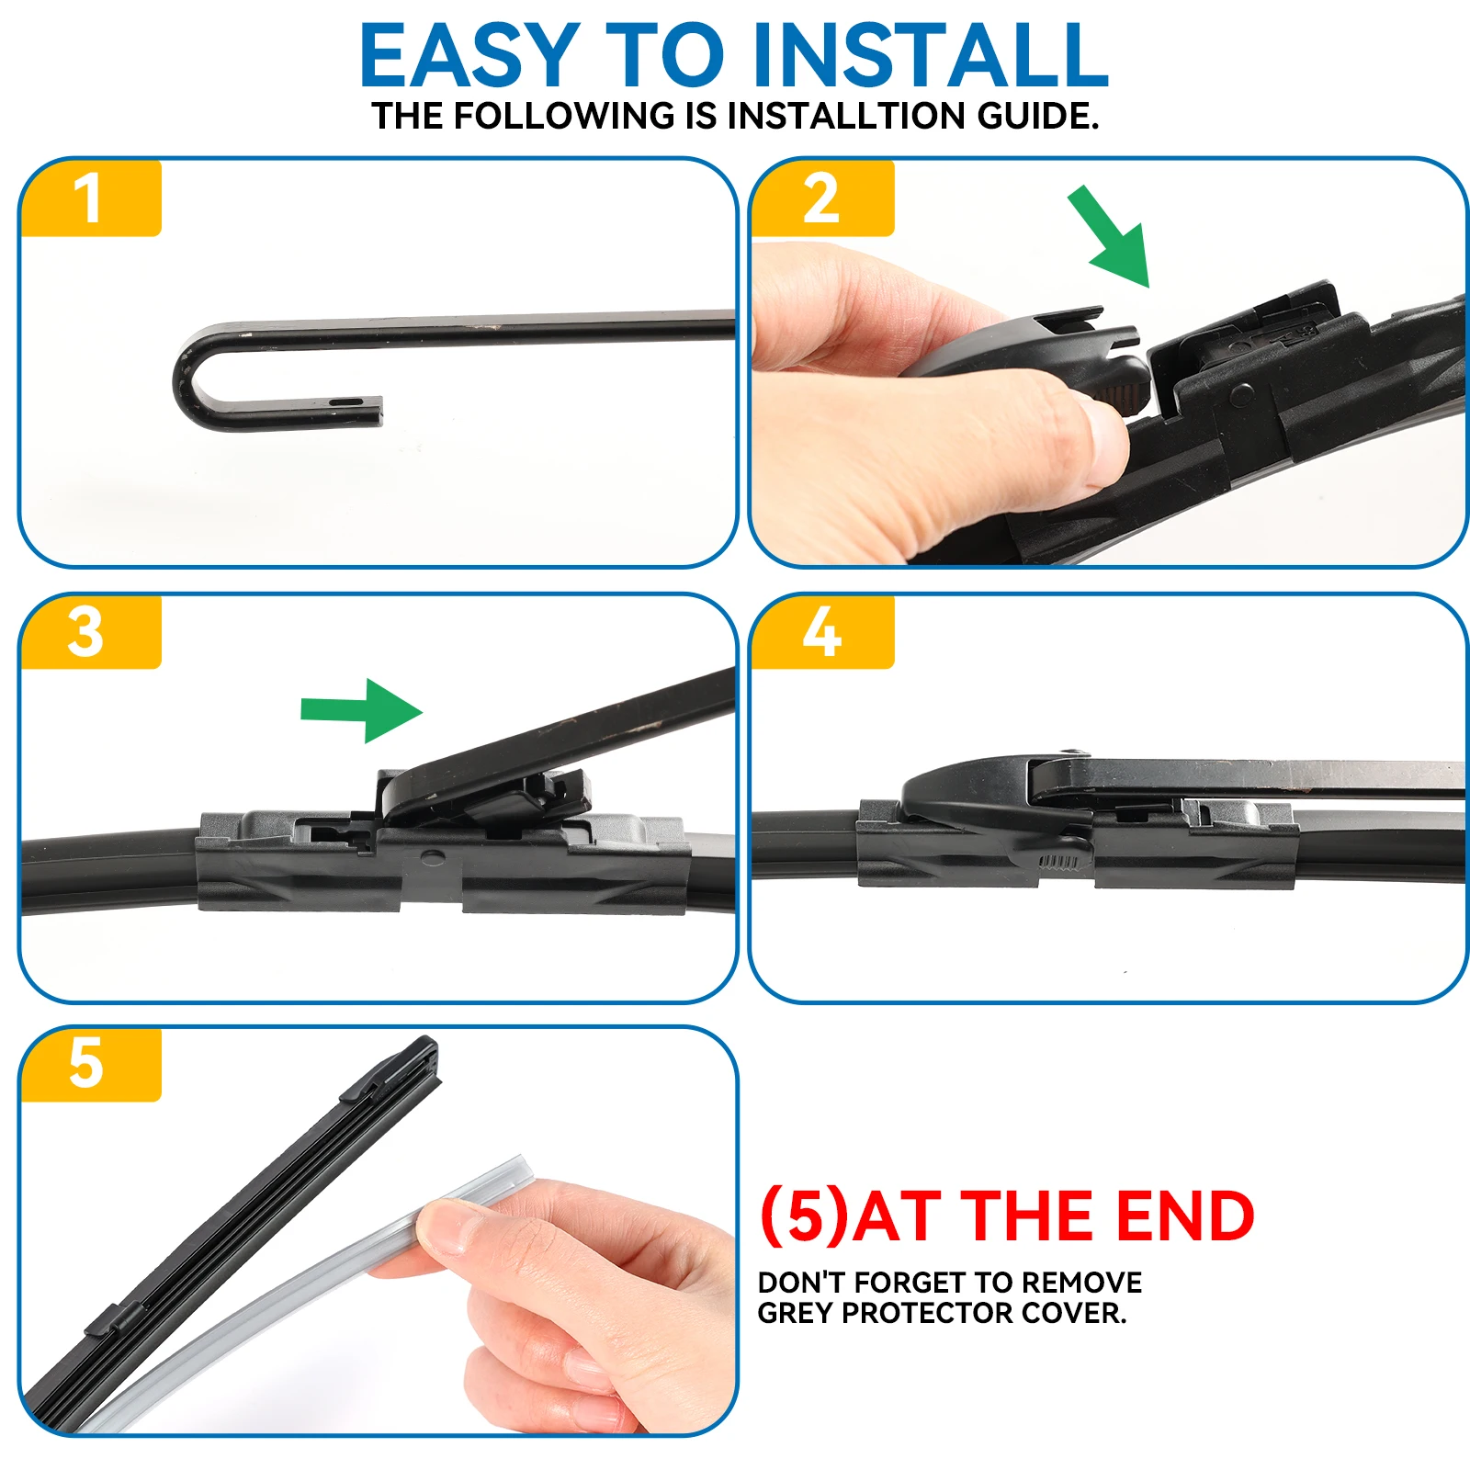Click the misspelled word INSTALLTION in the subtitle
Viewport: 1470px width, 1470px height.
[847, 117]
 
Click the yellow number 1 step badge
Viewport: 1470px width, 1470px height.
[90, 198]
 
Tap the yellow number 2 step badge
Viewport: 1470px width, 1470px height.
[822, 198]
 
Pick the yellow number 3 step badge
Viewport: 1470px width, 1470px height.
[90, 632]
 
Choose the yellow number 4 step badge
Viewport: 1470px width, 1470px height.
[822, 632]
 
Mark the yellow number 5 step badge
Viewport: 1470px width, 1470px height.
[90, 1064]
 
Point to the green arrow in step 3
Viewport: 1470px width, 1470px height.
[362, 710]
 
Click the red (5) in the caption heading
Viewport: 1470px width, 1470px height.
[804, 1217]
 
